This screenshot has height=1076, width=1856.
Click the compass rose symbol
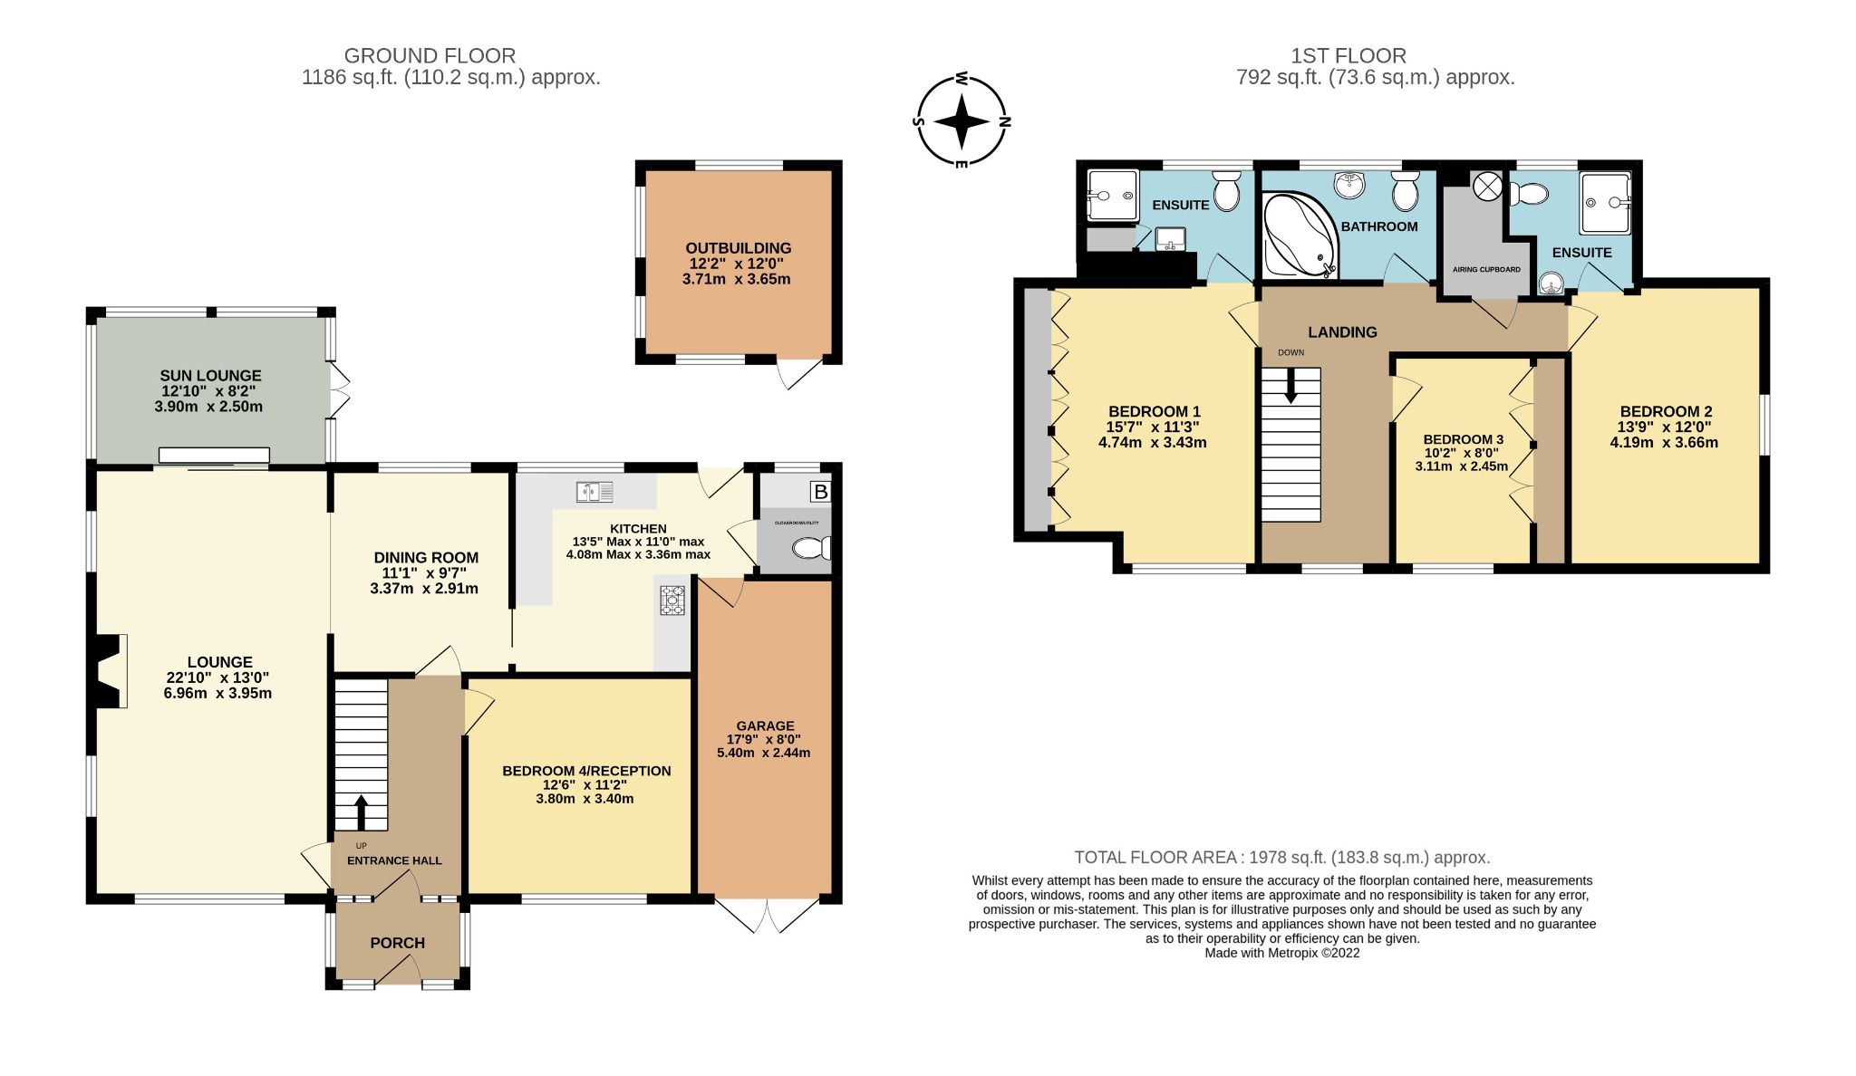point(962,121)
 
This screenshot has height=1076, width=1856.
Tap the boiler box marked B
point(820,492)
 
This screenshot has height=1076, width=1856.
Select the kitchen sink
point(594,492)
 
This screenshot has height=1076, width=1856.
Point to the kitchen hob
point(672,601)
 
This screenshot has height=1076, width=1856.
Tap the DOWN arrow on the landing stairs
point(1290,386)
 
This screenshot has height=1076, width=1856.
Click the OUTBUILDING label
point(738,248)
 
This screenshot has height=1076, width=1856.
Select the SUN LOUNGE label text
point(210,375)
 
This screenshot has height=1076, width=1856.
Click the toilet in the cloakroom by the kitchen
point(809,548)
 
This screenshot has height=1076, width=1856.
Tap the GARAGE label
point(765,725)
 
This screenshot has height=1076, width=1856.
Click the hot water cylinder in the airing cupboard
point(1487,187)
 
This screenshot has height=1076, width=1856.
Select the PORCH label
point(397,943)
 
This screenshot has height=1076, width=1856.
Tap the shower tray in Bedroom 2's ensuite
point(1605,204)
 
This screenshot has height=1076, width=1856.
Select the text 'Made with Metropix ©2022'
point(1281,953)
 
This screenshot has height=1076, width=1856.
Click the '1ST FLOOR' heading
point(1348,56)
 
